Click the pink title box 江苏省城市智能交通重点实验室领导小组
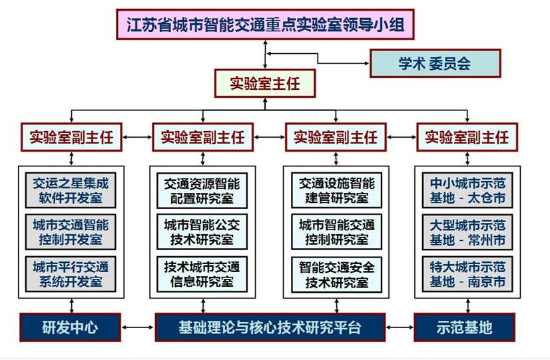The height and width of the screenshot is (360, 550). (x=265, y=24)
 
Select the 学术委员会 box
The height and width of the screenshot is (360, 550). (x=435, y=63)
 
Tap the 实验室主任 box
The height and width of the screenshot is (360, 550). (x=265, y=83)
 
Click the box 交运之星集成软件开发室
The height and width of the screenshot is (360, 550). (x=71, y=190)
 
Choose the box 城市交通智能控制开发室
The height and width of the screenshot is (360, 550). (x=71, y=232)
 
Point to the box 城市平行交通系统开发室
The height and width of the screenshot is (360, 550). (x=71, y=274)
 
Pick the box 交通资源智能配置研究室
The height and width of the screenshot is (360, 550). (x=202, y=190)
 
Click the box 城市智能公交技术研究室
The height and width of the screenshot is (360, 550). (x=202, y=232)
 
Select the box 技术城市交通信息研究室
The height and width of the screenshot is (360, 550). (x=202, y=274)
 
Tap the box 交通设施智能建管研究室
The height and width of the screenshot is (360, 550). (x=337, y=190)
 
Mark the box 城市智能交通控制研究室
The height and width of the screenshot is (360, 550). (x=337, y=232)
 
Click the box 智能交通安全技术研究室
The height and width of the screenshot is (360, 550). (x=337, y=274)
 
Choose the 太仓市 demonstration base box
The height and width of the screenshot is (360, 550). (x=467, y=190)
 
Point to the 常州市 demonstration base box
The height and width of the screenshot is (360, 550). (x=467, y=232)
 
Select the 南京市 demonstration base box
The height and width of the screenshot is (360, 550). (x=467, y=274)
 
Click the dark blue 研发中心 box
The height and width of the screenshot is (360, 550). (x=70, y=327)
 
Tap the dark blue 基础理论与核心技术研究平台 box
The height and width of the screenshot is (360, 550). (x=270, y=327)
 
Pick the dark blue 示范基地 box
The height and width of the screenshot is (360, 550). (x=464, y=327)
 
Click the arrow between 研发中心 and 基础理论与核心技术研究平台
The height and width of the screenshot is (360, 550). (x=138, y=327)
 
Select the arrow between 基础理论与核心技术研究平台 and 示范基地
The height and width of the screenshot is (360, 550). (x=400, y=327)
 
